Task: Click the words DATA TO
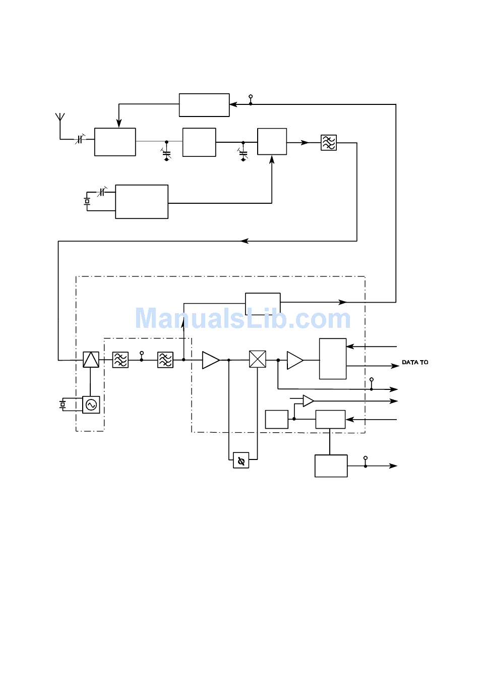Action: pyautogui.click(x=415, y=362)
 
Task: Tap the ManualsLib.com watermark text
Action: pyautogui.click(x=243, y=318)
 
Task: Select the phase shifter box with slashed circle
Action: pyautogui.click(x=241, y=460)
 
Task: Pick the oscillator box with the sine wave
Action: pyautogui.click(x=91, y=405)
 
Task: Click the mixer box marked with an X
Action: pyautogui.click(x=257, y=359)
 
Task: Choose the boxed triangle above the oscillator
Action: pyautogui.click(x=91, y=360)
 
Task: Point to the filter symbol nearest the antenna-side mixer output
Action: pyautogui.click(x=328, y=143)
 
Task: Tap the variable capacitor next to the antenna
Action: pyautogui.click(x=80, y=139)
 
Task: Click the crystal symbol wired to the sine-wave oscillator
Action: pyautogui.click(x=63, y=404)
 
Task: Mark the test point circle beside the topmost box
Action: pyautogui.click(x=251, y=96)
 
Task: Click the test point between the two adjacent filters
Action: pyautogui.click(x=142, y=353)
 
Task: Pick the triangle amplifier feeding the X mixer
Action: pyautogui.click(x=211, y=360)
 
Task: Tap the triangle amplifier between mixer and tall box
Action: pyautogui.click(x=295, y=360)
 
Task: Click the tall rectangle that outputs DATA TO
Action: pyautogui.click(x=332, y=359)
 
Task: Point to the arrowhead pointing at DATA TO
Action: pyautogui.click(x=395, y=366)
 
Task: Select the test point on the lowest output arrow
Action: pyautogui.click(x=366, y=458)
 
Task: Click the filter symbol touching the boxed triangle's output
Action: pyautogui.click(x=121, y=360)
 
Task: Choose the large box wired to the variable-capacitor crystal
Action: pyautogui.click(x=142, y=202)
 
